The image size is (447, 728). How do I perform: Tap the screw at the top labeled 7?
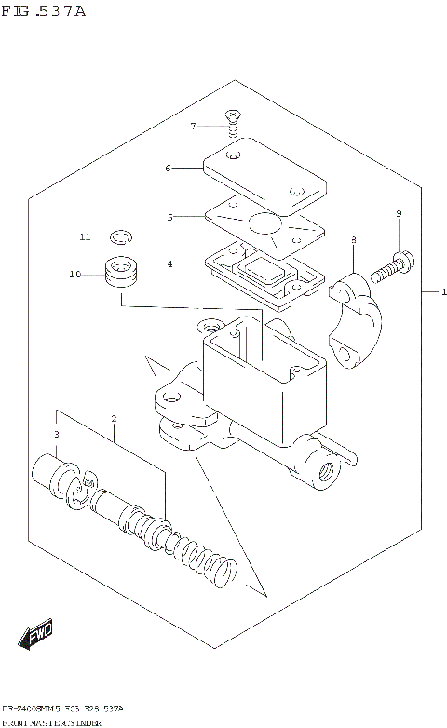click(231, 118)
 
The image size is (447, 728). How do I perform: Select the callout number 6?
click(168, 169)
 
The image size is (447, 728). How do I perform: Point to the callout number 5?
click(169, 217)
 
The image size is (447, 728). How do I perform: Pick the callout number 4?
click(169, 263)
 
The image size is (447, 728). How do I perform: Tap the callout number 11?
click(84, 237)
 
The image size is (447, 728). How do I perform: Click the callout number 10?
click(75, 274)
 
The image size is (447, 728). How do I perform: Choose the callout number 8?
click(354, 241)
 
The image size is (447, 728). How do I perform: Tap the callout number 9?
click(399, 214)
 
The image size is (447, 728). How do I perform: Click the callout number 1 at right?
click(444, 292)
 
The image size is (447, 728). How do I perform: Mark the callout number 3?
click(56, 435)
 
